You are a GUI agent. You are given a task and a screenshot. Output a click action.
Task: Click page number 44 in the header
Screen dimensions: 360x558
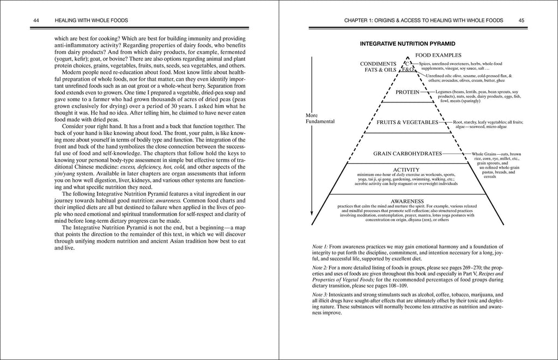click(37, 20)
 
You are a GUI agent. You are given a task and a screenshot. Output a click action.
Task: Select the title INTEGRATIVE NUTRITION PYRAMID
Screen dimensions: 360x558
click(408, 43)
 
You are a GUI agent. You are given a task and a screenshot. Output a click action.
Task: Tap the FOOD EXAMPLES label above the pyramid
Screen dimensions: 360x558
click(438, 55)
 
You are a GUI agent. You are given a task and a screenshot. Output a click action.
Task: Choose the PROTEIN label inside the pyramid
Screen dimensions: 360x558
click(408, 92)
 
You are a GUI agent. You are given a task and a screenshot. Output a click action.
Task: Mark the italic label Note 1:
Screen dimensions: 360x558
click(321, 247)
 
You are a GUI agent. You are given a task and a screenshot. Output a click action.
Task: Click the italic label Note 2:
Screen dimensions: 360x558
click(321, 269)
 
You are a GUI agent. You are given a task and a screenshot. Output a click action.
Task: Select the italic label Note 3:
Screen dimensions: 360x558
click(321, 295)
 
